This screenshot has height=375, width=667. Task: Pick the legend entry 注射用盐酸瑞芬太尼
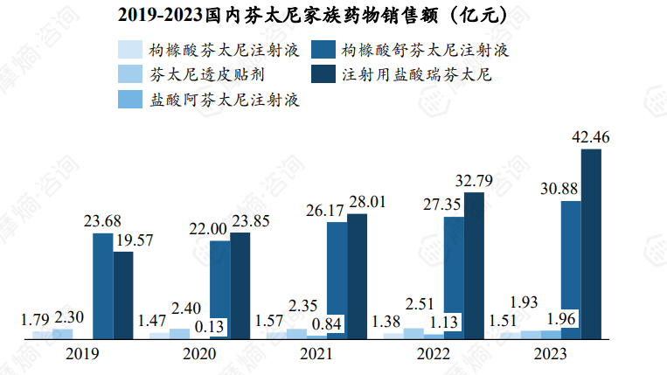(x=402, y=74)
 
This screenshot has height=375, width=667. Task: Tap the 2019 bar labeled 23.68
(x=103, y=285)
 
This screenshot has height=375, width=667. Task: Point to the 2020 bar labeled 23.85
(x=240, y=285)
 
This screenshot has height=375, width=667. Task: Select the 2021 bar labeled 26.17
(x=337, y=280)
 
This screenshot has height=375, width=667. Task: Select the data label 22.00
(x=210, y=229)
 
